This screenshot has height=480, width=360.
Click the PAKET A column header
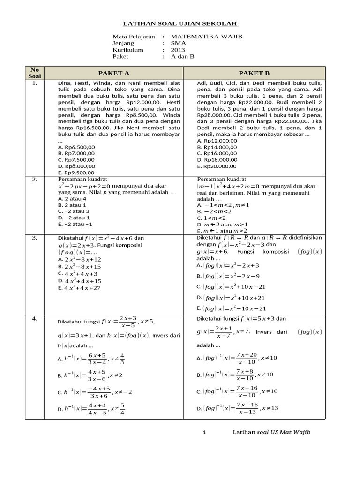click(113, 73)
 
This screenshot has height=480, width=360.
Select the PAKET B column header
click(254, 73)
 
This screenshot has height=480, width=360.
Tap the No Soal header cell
click(35, 73)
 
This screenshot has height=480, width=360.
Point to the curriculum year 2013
click(178, 50)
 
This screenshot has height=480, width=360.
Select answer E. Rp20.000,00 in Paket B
click(217, 166)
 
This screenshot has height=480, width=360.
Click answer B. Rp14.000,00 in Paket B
click(217, 147)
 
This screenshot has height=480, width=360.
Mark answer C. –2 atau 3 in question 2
click(74, 211)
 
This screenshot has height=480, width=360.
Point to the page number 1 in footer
click(204, 432)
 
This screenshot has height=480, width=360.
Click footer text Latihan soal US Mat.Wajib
click(271, 432)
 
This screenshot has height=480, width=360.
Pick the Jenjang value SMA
click(178, 43)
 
